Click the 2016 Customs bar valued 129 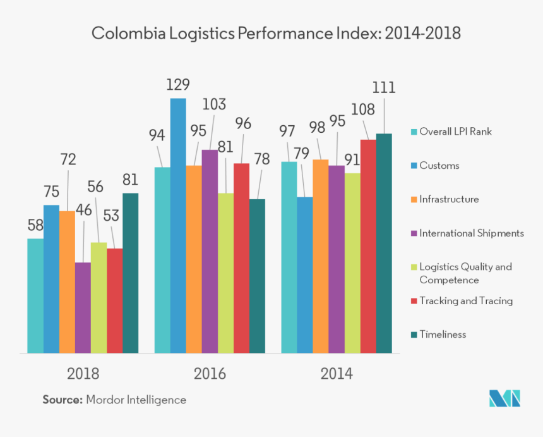tap(178, 225)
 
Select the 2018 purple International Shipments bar tap(83, 307)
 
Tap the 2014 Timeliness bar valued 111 tap(384, 243)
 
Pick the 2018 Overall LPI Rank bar tap(35, 295)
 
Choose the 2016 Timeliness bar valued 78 tap(257, 276)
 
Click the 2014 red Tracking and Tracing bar tap(368, 246)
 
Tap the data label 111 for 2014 tap(383, 88)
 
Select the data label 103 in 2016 tap(214, 104)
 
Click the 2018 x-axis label tap(83, 374)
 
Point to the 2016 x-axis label tap(210, 374)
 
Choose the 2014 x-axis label tap(337, 374)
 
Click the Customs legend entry tap(439, 166)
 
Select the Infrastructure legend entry tap(449, 199)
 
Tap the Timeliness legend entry tap(443, 334)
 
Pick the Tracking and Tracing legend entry tap(466, 300)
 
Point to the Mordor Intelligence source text tap(136, 400)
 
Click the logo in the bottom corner tap(504, 398)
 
